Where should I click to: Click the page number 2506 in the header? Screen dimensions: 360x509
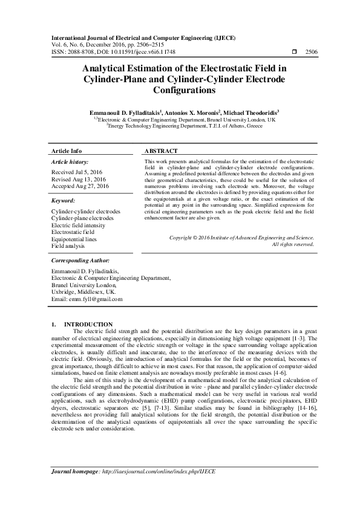(x=311, y=53)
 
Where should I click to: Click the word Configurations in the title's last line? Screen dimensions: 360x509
(x=180, y=91)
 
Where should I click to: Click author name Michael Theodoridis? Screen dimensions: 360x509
(x=250, y=112)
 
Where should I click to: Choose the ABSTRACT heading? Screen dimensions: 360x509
(x=161, y=151)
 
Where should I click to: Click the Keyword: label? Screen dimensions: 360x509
(x=63, y=199)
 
